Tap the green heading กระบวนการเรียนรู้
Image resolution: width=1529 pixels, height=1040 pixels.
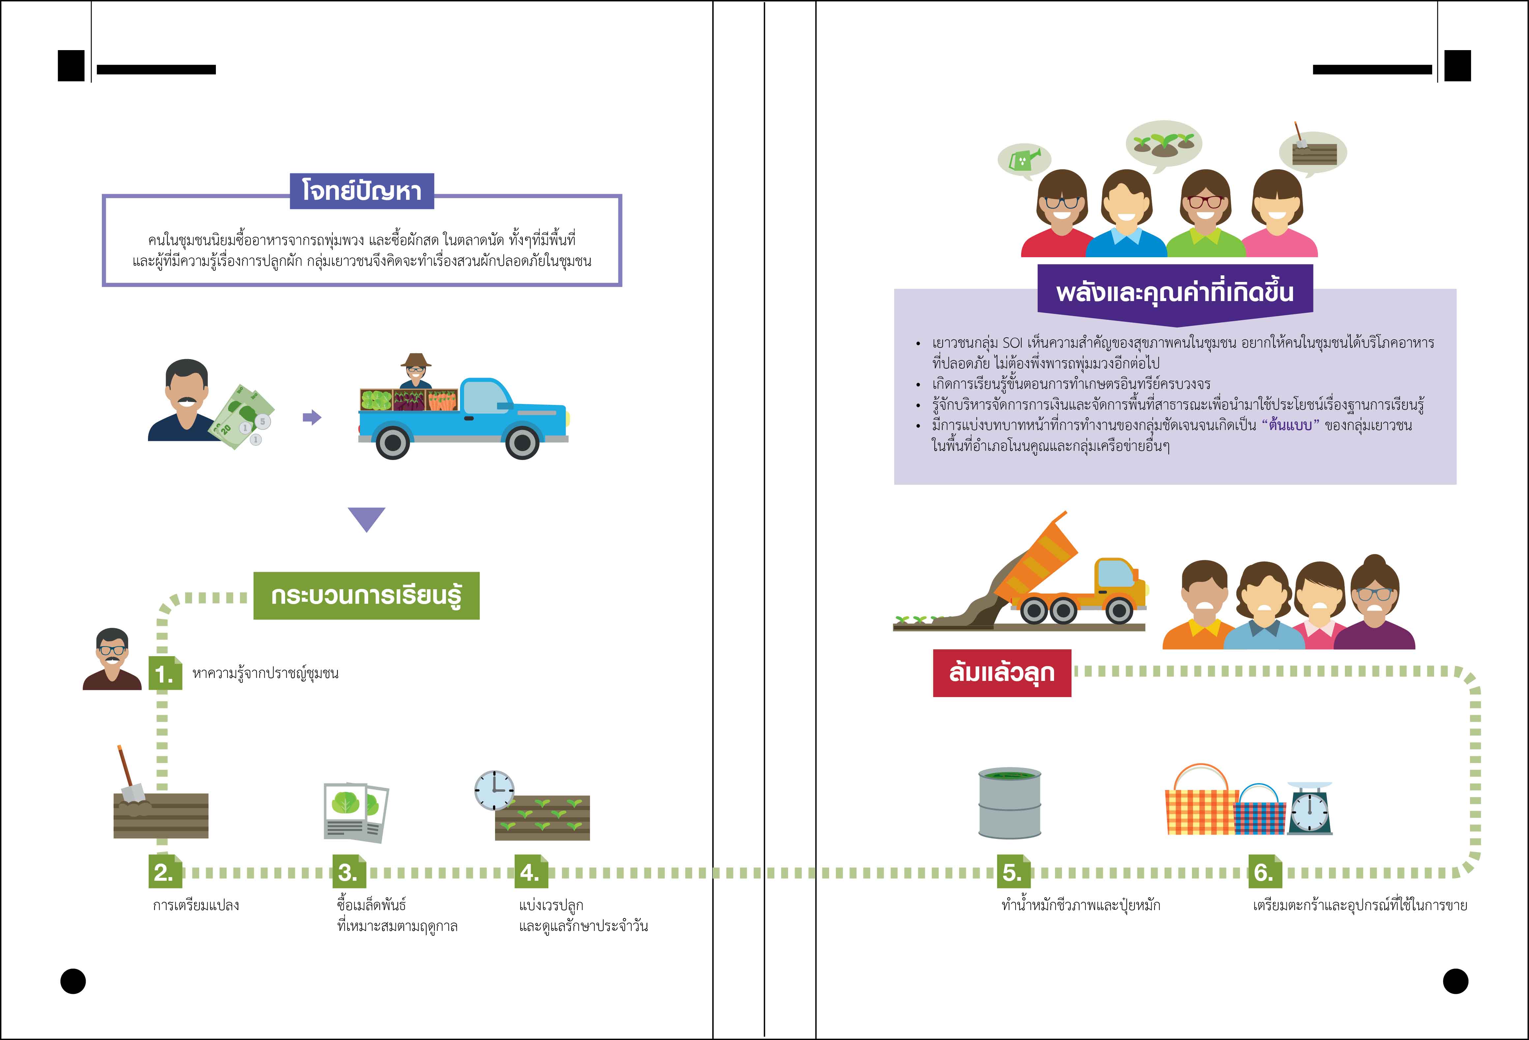pos(367,596)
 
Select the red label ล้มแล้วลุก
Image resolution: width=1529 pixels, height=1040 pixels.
pos(1001,673)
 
